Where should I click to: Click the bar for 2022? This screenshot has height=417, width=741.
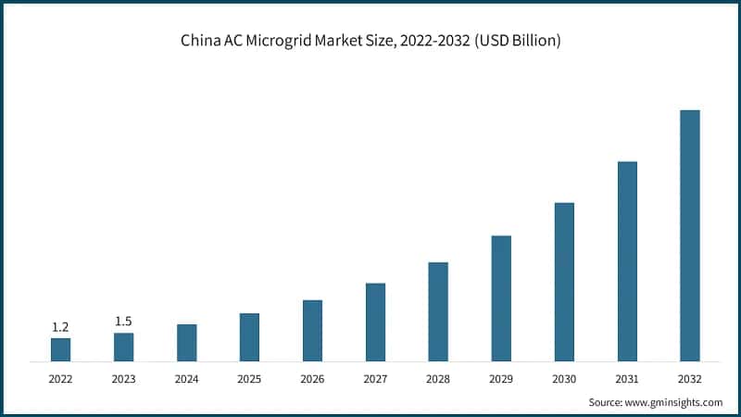click(60, 349)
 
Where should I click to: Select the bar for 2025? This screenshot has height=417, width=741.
click(249, 337)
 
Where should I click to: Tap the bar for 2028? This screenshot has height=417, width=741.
click(438, 311)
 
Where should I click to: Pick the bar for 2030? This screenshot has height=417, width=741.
click(564, 282)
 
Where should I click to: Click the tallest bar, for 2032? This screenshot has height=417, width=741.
click(690, 235)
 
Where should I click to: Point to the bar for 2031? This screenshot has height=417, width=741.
click(627, 261)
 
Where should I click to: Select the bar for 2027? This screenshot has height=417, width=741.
click(375, 322)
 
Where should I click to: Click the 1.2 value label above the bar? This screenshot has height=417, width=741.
click(60, 327)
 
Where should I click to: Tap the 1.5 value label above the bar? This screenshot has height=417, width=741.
click(123, 322)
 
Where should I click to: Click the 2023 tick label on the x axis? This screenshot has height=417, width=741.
click(123, 379)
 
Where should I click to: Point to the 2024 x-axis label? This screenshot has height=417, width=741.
click(186, 379)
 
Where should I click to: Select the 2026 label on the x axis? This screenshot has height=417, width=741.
click(312, 379)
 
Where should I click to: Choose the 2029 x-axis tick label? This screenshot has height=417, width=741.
click(501, 379)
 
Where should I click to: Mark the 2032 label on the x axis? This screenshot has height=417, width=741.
click(690, 379)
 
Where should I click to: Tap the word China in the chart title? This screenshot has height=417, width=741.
click(198, 42)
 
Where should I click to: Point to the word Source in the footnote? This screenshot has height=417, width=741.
click(606, 402)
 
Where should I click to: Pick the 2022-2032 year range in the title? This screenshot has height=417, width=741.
click(433, 42)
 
